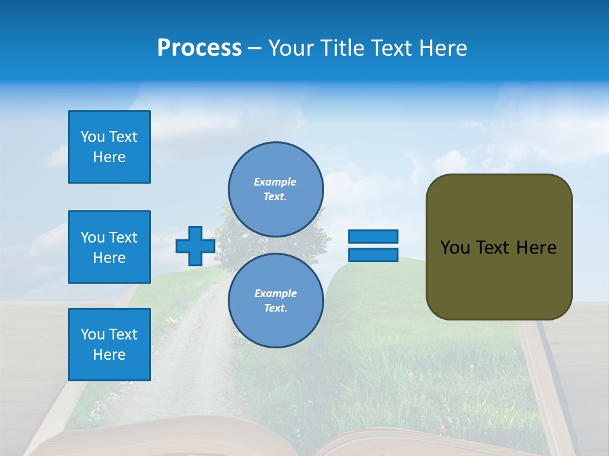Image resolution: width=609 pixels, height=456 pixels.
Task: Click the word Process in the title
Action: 199,48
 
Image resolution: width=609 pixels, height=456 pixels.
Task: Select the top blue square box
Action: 109,147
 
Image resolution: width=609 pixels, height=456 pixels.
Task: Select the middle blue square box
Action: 109,247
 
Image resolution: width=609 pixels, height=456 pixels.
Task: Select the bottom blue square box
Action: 109,345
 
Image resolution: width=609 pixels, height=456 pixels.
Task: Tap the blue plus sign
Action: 195,246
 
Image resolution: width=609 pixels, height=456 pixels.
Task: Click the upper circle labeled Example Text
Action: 276,189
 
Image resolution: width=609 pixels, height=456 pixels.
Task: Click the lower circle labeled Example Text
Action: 276,301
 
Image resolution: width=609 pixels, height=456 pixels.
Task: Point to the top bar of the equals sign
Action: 373,236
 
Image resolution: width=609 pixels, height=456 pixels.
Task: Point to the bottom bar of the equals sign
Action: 373,255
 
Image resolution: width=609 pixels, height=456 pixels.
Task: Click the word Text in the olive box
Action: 494,248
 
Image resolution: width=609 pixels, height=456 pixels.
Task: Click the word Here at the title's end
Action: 443,48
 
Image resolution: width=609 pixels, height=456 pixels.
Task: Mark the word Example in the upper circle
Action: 275,182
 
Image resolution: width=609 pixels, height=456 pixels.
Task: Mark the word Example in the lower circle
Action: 275,293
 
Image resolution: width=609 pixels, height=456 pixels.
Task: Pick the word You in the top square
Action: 92,137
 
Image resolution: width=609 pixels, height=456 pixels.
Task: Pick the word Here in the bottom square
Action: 109,355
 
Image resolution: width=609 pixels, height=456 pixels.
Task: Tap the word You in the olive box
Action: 455,248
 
